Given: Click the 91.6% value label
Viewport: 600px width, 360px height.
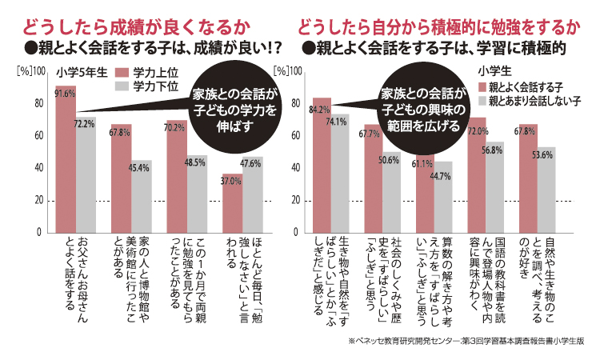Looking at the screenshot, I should (x=65, y=93).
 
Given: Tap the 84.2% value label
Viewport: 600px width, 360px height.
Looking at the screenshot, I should (x=321, y=110).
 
